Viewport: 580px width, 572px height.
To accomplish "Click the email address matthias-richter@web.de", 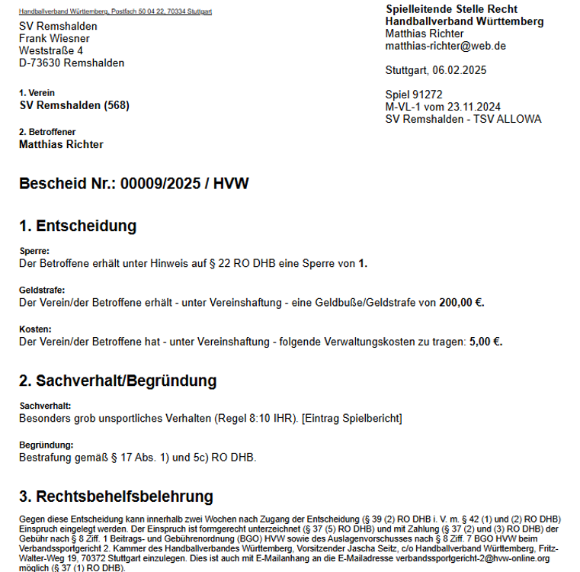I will [446, 46].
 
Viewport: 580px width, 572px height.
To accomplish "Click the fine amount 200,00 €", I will [462, 303].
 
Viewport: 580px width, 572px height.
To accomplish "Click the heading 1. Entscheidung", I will [78, 226].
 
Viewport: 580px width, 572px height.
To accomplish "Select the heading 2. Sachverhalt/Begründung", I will [118, 381].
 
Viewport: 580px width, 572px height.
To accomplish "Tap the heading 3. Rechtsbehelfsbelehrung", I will [116, 497].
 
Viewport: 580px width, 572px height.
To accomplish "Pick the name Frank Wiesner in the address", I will [54, 38].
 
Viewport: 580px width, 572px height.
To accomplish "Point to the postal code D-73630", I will [40, 63].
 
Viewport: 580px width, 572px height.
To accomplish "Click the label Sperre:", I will [34, 251].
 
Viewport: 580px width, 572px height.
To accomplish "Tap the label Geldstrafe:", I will [41, 291].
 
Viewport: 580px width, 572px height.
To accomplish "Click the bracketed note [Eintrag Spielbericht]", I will [352, 419].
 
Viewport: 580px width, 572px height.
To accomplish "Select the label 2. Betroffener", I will [47, 132].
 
